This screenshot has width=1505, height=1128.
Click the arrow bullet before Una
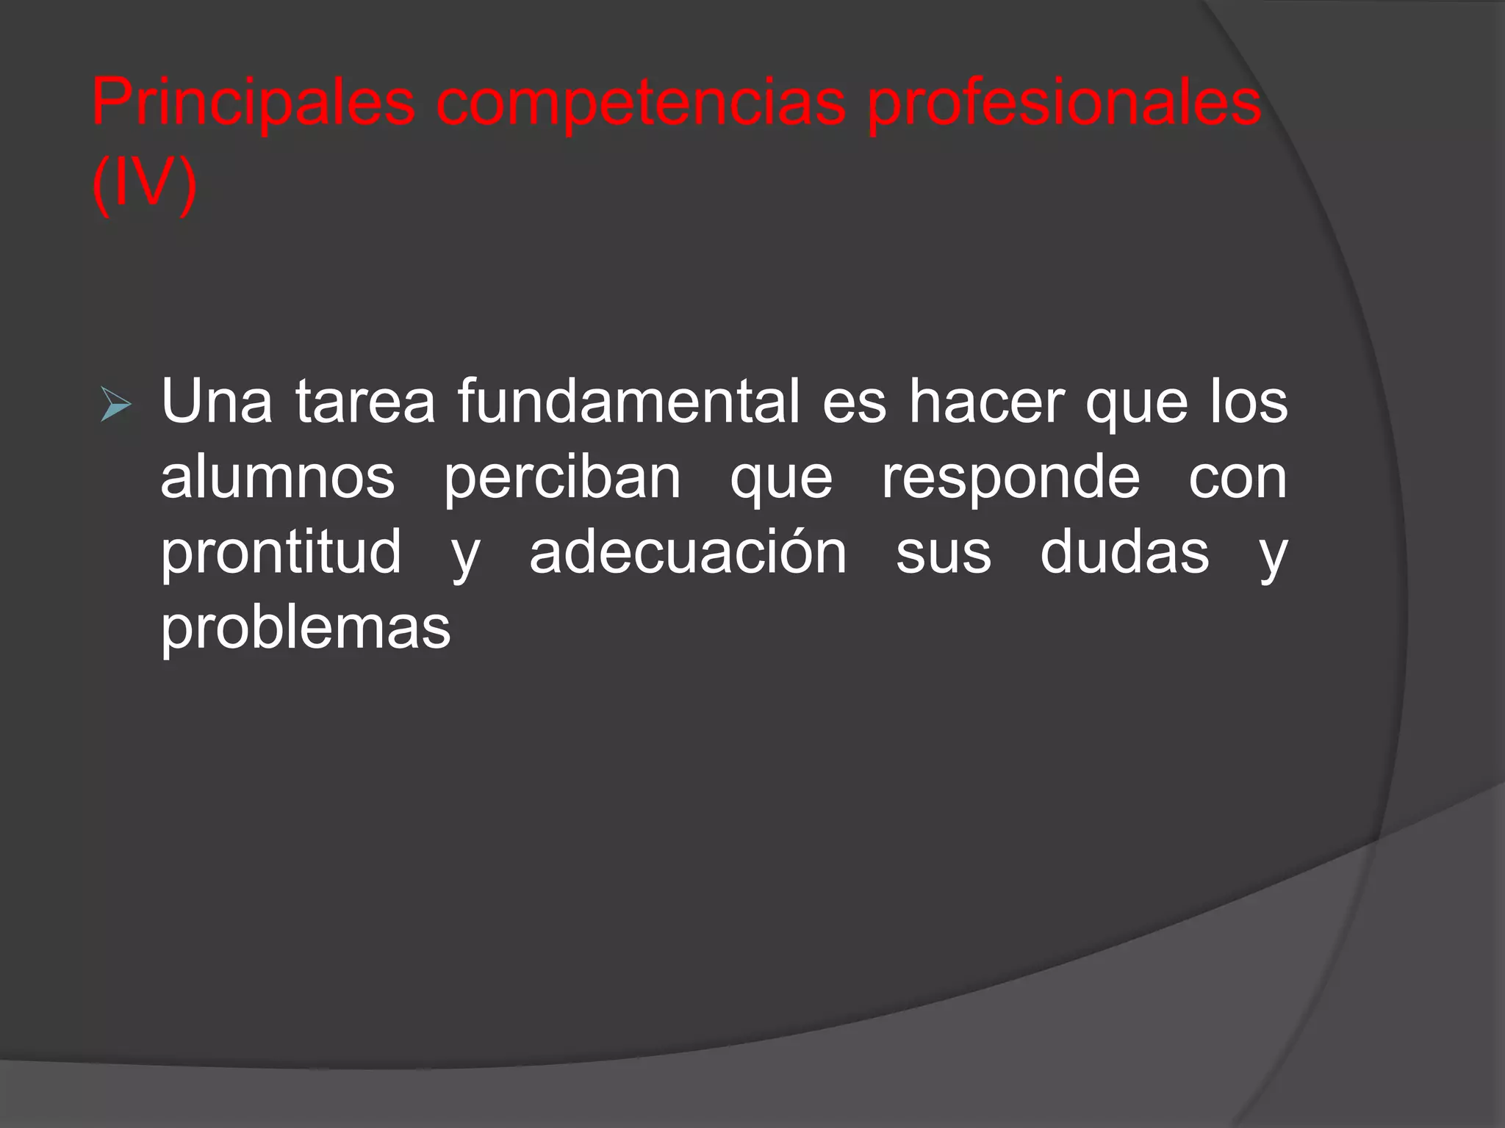(x=115, y=405)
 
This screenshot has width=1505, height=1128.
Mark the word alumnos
(x=278, y=477)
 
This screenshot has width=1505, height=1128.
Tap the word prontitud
(x=281, y=552)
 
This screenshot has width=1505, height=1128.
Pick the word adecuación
(x=688, y=552)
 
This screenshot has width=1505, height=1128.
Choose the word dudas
(x=1124, y=552)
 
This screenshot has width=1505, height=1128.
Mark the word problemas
(x=306, y=629)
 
